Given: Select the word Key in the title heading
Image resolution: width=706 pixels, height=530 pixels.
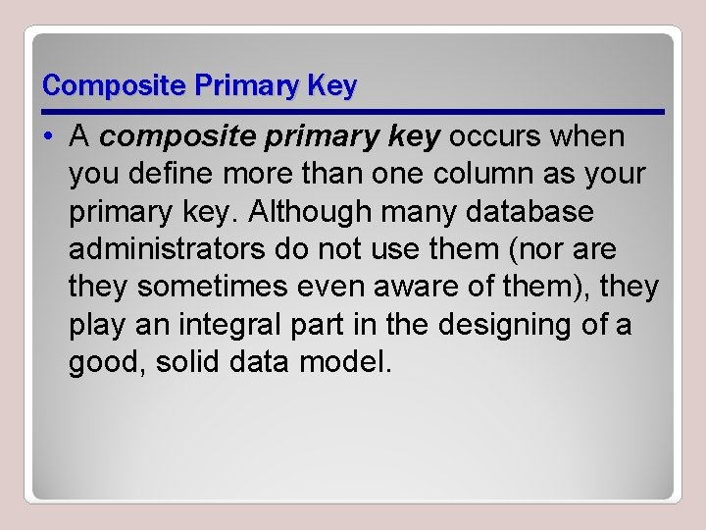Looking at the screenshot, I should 332,86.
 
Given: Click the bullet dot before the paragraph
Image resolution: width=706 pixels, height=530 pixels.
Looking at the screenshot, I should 48,137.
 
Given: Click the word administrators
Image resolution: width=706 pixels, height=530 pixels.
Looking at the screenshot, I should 167,249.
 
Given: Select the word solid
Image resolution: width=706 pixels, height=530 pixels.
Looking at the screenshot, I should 189,362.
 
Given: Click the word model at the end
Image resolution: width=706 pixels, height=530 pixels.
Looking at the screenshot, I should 348,362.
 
